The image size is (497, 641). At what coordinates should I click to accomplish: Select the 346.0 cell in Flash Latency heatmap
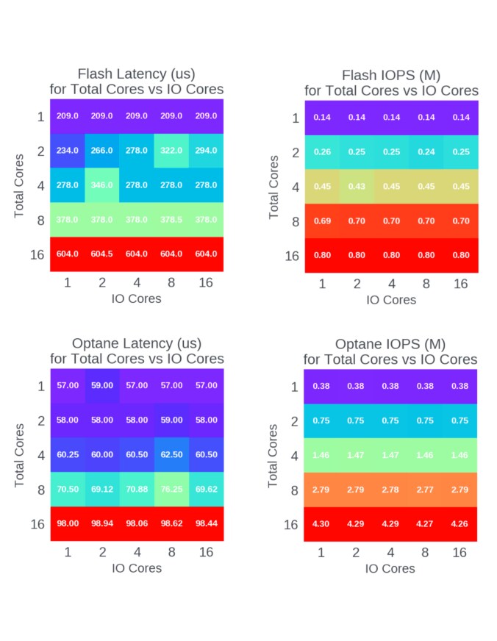102,185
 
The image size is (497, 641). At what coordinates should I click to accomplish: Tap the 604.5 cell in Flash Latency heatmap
102,254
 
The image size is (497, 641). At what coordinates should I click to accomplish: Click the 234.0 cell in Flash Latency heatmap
68,151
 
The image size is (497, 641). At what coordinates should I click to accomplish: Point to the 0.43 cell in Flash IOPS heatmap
357,186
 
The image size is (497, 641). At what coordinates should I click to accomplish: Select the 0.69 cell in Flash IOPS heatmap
322,221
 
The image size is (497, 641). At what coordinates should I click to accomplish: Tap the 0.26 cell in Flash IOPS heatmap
322,151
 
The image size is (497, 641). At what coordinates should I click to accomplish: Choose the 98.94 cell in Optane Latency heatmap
102,523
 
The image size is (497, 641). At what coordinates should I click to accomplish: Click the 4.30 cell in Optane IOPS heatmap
321,524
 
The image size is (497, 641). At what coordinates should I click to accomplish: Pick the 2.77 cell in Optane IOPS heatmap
426,490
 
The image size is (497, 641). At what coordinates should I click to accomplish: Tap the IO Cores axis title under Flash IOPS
390,299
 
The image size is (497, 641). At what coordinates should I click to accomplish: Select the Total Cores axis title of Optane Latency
20,454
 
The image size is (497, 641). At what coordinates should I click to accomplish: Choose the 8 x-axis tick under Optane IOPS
426,553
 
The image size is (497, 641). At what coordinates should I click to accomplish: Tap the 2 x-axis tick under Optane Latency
102,552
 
